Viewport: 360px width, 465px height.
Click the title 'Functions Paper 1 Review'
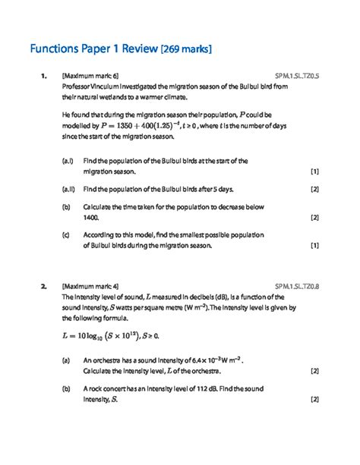[93, 50]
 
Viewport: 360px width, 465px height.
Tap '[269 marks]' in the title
[186, 50]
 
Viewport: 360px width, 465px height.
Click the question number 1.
[44, 77]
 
